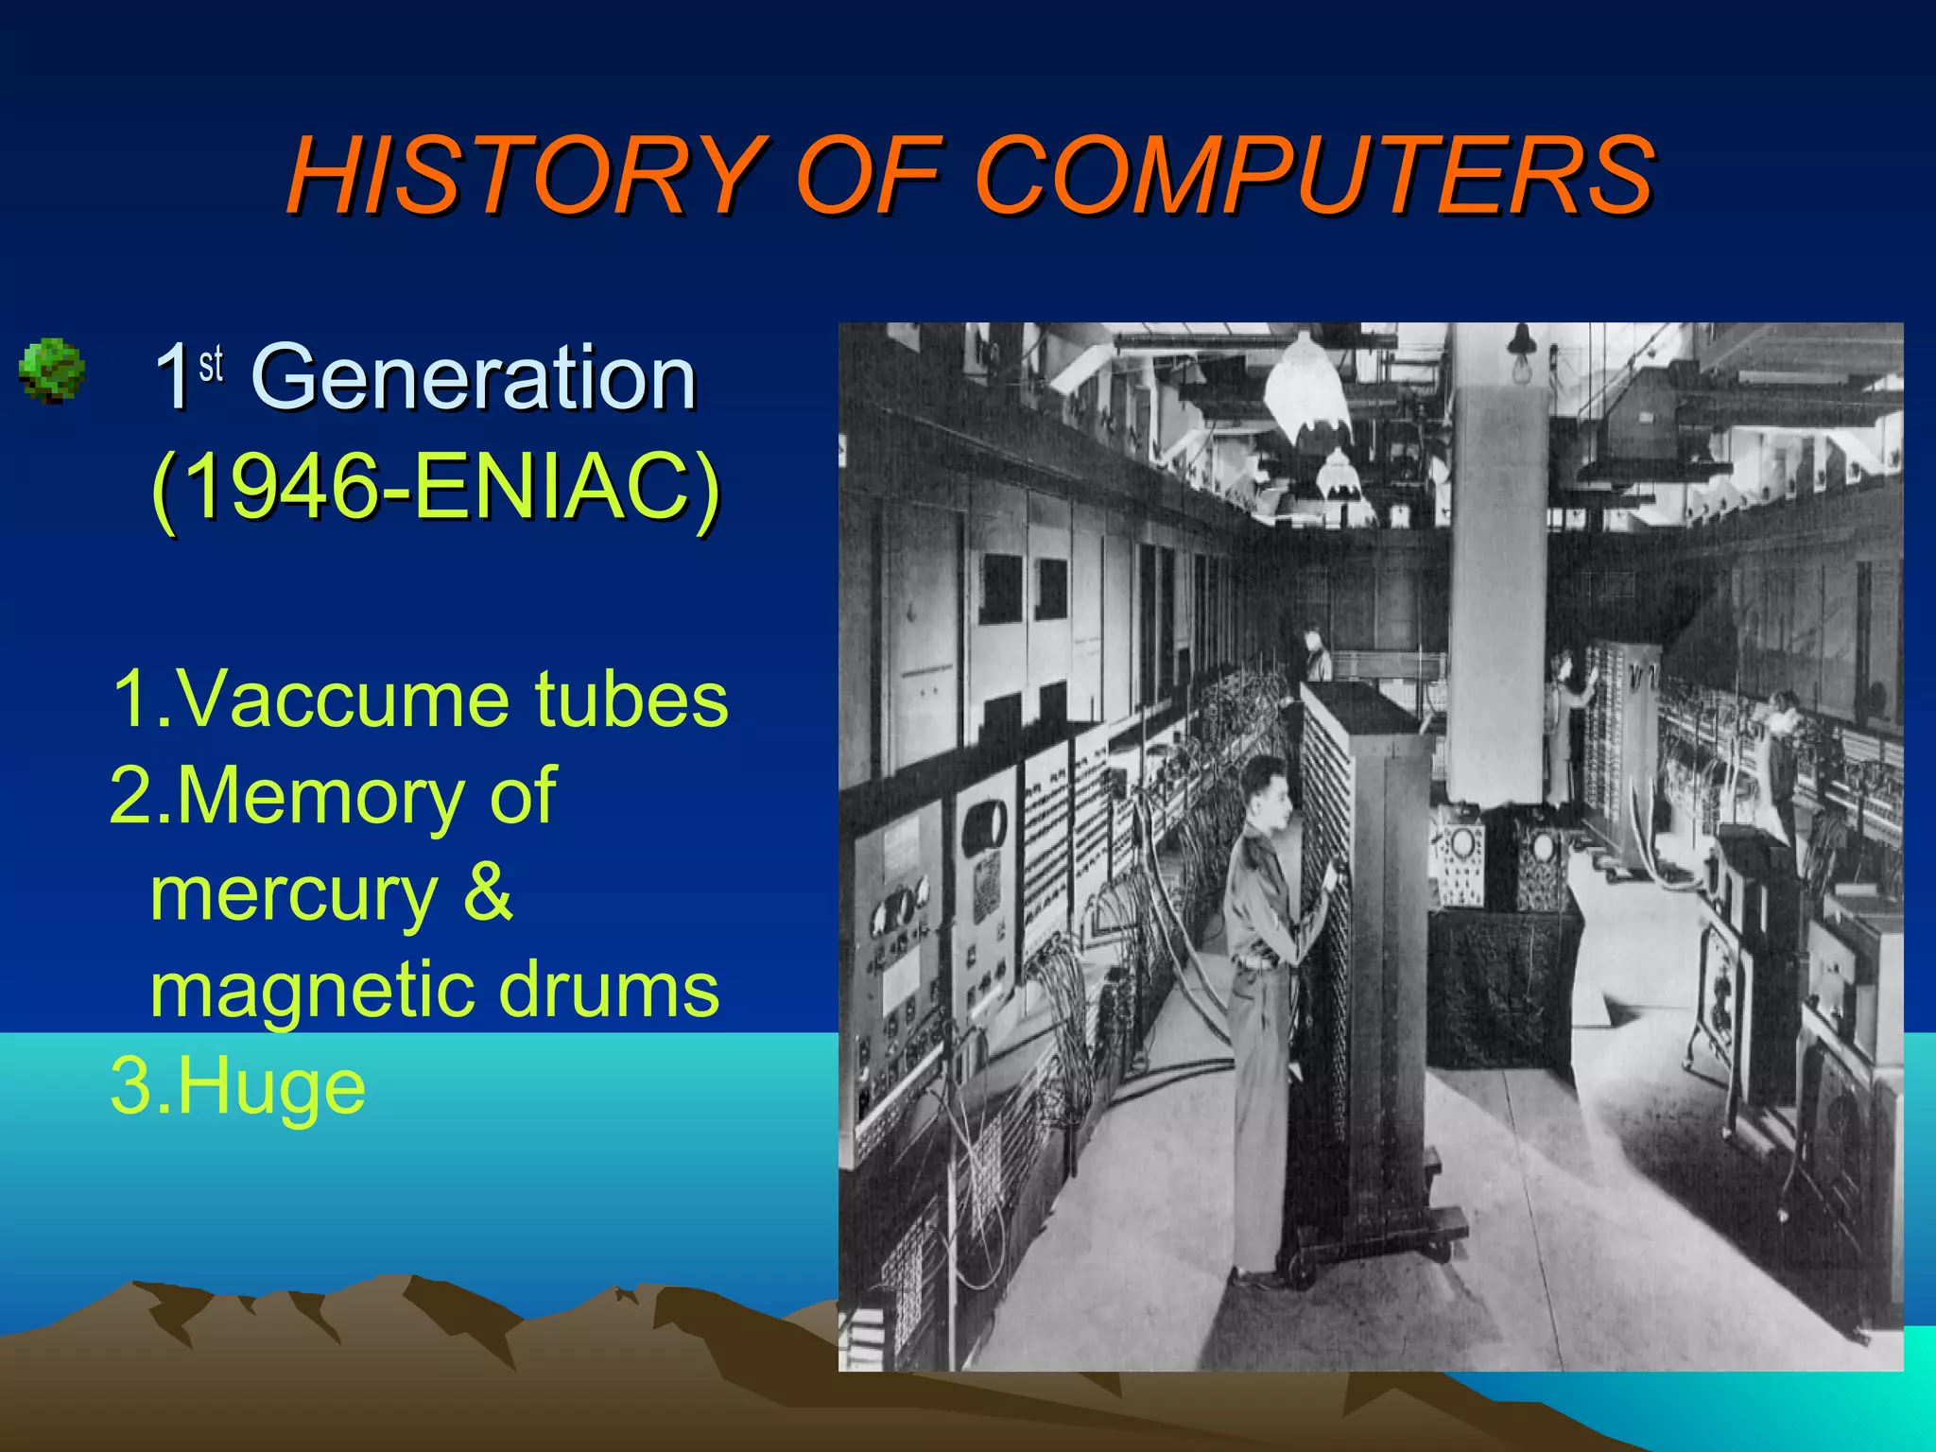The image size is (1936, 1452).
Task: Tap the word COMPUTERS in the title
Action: tap(1314, 177)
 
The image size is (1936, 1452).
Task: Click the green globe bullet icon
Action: tap(52, 372)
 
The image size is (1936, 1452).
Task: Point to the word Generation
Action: tap(473, 378)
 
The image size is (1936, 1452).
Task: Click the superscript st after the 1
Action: tap(211, 363)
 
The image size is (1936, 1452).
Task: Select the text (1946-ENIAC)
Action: tap(435, 487)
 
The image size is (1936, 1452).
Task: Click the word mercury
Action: tap(293, 895)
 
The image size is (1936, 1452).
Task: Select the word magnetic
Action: tap(312, 989)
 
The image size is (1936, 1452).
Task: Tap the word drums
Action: tap(609, 989)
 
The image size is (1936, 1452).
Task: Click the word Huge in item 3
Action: tap(270, 1088)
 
